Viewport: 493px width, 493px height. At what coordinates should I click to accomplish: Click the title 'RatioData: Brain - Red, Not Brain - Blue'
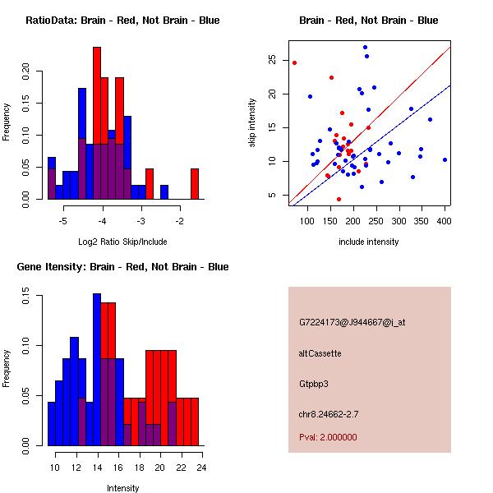(x=122, y=21)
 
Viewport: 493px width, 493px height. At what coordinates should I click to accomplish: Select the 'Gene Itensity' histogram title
(x=122, y=267)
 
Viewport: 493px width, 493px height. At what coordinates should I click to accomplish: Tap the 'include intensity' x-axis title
(x=369, y=242)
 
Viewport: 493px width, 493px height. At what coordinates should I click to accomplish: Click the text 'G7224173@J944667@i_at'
(x=352, y=322)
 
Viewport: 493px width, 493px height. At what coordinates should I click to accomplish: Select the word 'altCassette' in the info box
(x=320, y=353)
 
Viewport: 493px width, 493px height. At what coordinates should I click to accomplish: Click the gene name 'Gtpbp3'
(x=314, y=384)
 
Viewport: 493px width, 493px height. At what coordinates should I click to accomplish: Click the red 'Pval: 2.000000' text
(x=329, y=437)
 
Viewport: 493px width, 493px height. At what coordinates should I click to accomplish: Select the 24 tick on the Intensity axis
(x=200, y=468)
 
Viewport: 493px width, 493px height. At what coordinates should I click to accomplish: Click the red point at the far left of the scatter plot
(x=294, y=62)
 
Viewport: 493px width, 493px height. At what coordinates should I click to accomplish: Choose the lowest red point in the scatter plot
(x=339, y=199)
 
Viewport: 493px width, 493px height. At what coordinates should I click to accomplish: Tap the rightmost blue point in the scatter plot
(x=445, y=159)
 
